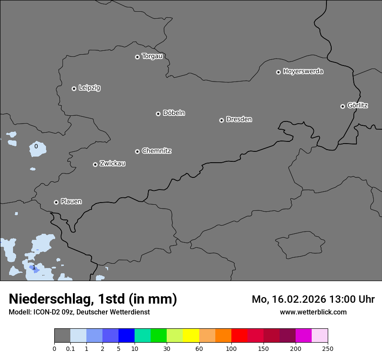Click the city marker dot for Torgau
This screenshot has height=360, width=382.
coord(137,57)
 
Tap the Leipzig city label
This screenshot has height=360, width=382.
coord(89,88)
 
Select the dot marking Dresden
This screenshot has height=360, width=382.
coord(221,120)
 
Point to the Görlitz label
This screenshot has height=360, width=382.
coord(358,105)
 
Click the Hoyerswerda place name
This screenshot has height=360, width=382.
coord(303,71)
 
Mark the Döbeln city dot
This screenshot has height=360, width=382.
coord(158,114)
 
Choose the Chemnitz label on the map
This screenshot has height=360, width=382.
coord(156,151)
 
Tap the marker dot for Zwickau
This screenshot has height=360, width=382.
coord(95,164)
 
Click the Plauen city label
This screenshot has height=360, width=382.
coord(71,201)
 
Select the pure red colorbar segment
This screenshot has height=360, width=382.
coord(239,336)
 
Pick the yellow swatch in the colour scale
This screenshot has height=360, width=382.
coord(191,336)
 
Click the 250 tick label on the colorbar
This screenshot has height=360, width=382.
coord(328,349)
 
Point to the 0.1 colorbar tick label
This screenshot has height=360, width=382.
coord(70,349)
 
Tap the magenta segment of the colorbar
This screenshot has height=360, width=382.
coord(303,336)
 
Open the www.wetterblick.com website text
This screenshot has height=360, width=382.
coord(313,312)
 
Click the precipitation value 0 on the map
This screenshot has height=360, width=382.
coord(36,146)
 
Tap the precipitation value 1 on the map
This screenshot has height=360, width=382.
coord(34,267)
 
